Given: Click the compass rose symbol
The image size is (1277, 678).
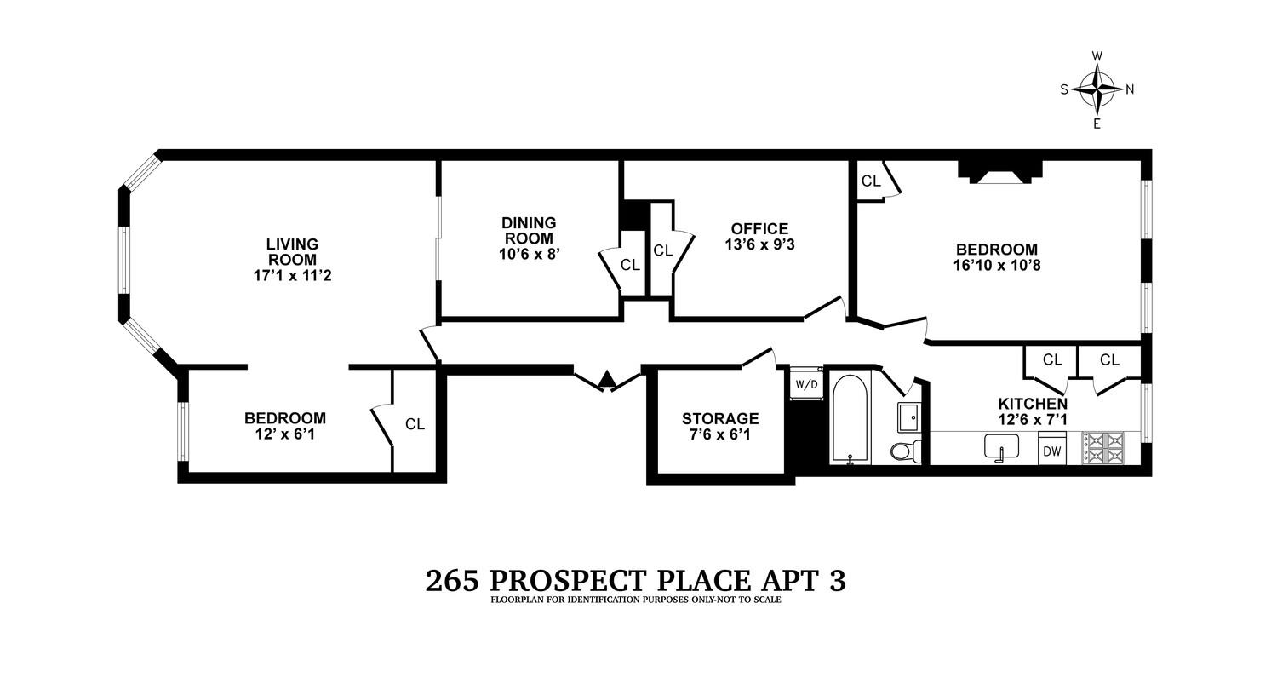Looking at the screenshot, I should click(1097, 89).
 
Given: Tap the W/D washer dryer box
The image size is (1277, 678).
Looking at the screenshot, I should click(806, 383).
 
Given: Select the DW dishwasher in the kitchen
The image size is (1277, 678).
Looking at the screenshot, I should click(1052, 451).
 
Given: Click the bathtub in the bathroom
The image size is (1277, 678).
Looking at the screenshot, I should click(850, 419).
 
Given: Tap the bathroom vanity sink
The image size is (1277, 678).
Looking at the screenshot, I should click(908, 417).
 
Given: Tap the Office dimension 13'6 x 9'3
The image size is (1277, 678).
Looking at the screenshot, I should click(759, 244).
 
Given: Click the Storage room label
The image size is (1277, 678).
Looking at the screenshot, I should click(719, 418).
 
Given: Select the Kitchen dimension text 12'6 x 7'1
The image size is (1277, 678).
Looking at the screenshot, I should click(1033, 419).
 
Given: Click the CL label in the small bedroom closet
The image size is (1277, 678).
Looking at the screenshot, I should click(415, 424).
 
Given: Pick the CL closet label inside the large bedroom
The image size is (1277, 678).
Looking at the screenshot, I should click(871, 181).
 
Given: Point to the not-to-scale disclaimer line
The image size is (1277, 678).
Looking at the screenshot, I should click(635, 600).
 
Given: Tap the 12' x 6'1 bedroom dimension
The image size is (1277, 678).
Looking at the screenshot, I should click(285, 434).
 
